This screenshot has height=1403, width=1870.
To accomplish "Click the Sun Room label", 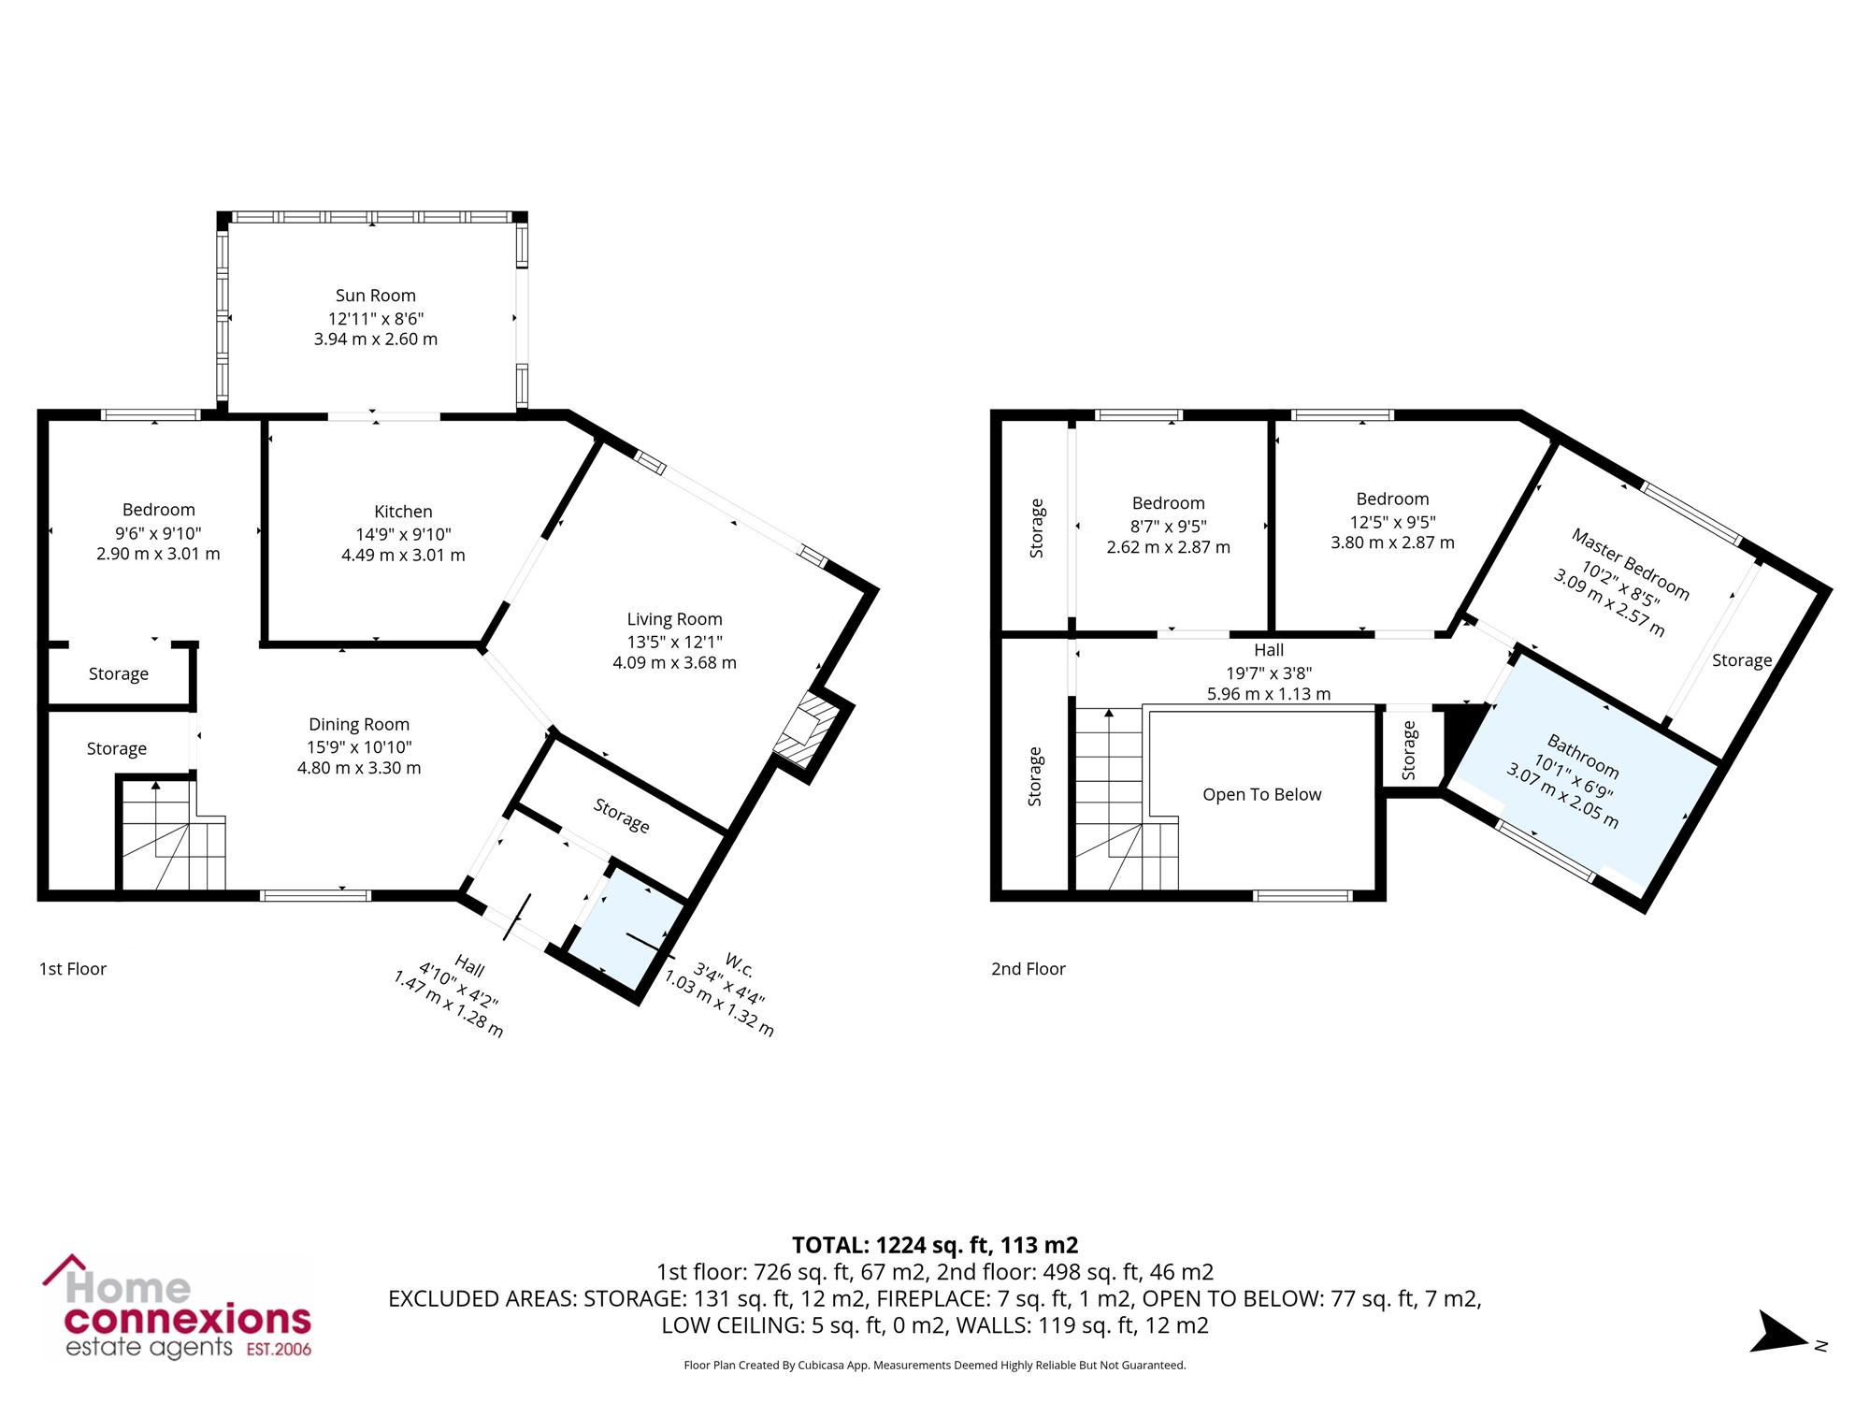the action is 376,296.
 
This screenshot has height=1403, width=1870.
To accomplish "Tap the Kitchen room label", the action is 403,512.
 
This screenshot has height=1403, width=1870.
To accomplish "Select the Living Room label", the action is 674,619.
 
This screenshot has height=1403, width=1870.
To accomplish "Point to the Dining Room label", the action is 359,724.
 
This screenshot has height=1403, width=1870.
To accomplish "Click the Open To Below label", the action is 1262,794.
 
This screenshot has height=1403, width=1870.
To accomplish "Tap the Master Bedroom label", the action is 1630,564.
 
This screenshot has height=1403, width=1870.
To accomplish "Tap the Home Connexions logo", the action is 178,1307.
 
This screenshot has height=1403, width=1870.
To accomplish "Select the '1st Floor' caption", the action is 73,969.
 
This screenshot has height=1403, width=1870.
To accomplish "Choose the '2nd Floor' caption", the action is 1028,969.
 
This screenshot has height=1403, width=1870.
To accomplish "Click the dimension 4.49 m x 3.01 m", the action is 403,555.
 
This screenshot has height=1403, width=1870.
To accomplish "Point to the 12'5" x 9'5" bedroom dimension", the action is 1393,522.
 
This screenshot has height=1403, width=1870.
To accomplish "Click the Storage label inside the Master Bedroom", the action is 1742,660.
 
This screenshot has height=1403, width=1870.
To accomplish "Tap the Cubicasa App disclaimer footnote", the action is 935,1366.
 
